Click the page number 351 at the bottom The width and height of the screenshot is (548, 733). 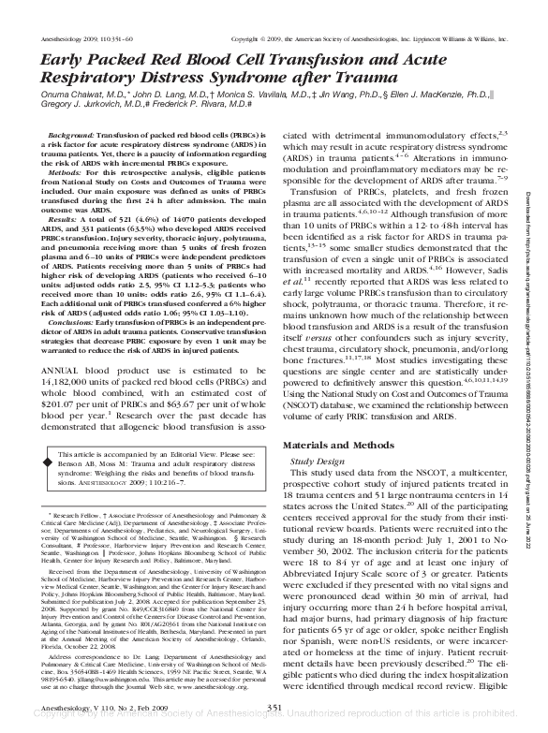[x=274, y=705]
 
